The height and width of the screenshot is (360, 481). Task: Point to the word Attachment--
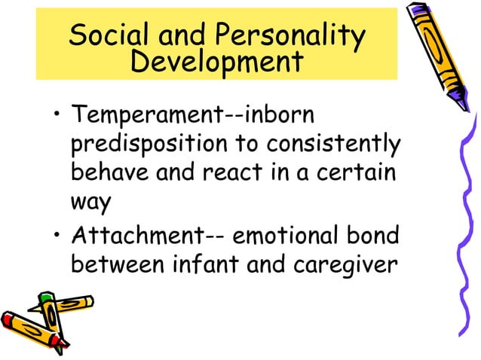[x=148, y=239]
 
